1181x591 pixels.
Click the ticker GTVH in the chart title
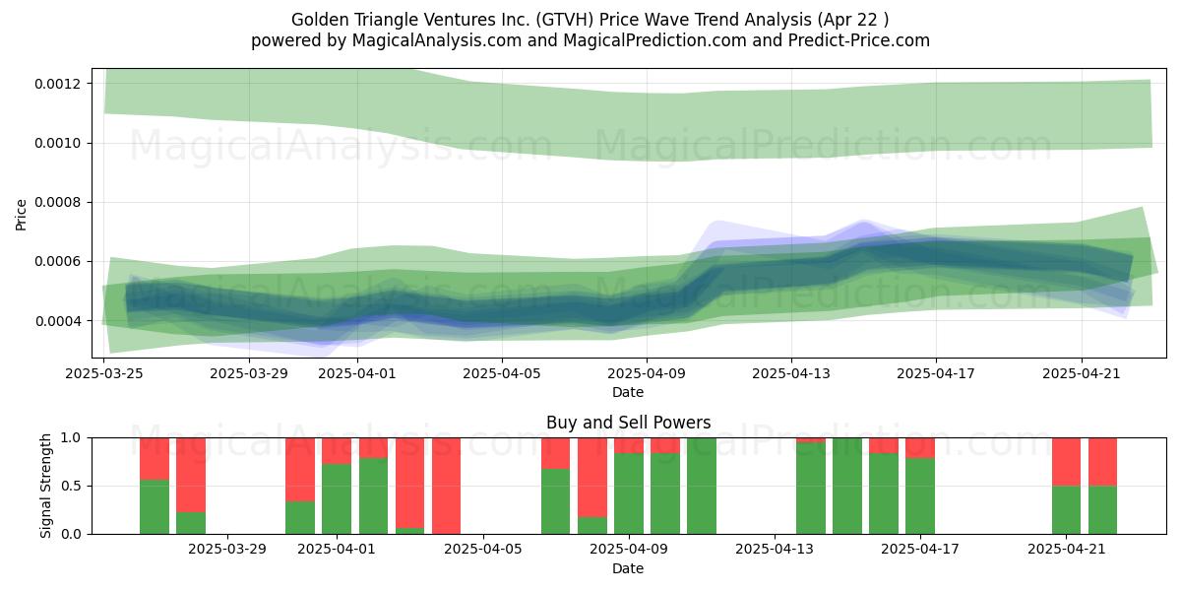point(565,20)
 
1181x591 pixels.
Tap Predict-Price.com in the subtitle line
point(859,40)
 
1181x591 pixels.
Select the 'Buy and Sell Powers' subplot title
point(628,423)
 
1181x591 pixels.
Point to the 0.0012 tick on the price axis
point(57,84)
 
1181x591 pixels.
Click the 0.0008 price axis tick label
point(57,203)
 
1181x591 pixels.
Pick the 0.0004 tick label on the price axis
point(57,321)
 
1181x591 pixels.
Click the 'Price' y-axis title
point(21,215)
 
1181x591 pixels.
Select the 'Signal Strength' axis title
point(46,486)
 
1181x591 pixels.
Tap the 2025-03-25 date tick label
point(104,373)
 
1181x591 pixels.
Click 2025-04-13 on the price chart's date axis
point(791,373)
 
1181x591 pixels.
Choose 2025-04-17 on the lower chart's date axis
point(920,549)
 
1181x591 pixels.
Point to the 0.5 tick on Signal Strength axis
point(72,486)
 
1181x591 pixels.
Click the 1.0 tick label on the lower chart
point(72,437)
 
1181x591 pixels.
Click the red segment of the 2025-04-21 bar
point(1066,462)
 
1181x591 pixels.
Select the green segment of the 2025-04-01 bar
point(337,498)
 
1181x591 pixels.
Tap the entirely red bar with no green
point(446,486)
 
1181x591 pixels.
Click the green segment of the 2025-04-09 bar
point(629,493)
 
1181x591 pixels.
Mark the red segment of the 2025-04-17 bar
point(920,448)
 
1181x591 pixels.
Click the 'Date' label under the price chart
point(628,392)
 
